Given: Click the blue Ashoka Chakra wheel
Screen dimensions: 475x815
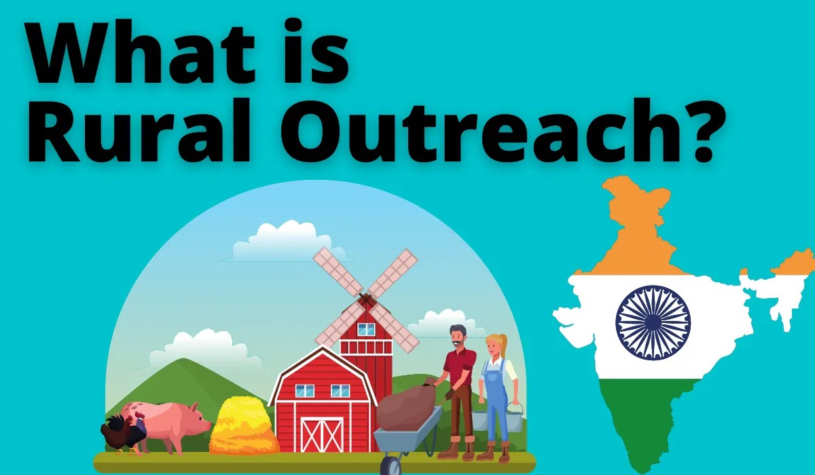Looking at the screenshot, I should coord(653,322).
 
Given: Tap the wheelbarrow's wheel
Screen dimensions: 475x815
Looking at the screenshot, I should coord(391,465).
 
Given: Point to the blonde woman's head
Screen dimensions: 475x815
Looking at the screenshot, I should coord(495,345).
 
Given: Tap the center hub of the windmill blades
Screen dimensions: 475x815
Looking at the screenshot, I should coord(366,299).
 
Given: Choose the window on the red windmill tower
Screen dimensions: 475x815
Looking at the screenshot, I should coord(366,329).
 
